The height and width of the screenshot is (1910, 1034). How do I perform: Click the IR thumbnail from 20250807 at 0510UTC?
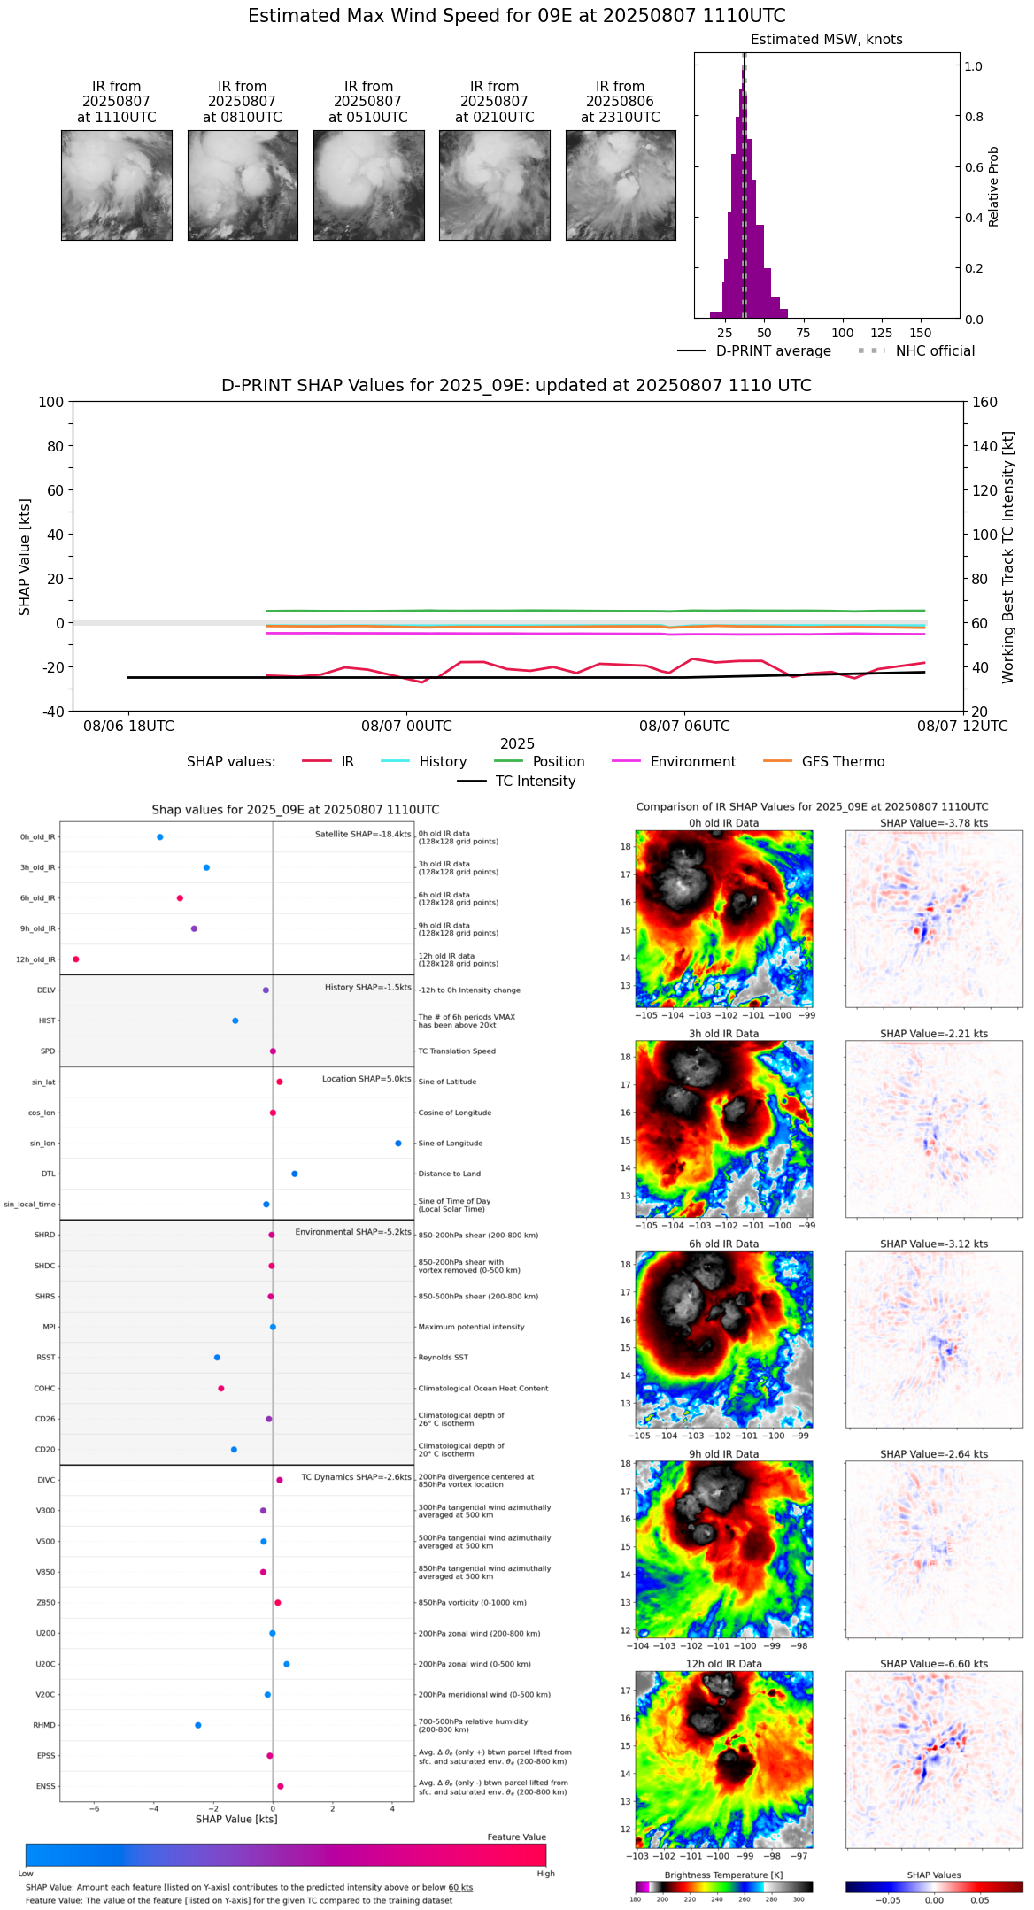(368, 185)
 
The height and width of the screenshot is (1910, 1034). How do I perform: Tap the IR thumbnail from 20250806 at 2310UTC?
(621, 185)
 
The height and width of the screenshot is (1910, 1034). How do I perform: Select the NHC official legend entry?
(916, 351)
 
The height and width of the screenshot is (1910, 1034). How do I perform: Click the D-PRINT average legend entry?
(754, 351)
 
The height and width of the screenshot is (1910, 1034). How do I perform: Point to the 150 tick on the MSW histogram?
(921, 333)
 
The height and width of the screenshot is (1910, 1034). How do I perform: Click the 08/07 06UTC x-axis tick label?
(684, 727)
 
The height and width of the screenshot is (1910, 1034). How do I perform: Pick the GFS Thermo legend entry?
(823, 762)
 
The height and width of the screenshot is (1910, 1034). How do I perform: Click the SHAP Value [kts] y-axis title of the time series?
(25, 557)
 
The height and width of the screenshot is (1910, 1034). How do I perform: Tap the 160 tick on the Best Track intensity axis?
(984, 402)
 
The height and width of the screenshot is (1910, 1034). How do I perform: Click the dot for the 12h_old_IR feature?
(76, 959)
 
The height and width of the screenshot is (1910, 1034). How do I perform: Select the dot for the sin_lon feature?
(398, 1144)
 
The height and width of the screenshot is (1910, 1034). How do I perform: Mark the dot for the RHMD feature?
(198, 1725)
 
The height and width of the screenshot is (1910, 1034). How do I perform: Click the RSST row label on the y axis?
(45, 1358)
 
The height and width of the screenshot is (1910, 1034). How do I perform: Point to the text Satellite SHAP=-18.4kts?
(363, 835)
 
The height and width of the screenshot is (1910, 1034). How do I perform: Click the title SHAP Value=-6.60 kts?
(934, 1664)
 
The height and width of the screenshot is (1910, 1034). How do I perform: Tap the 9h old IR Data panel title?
(723, 1454)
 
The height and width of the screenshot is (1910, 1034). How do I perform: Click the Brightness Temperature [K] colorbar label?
(723, 1875)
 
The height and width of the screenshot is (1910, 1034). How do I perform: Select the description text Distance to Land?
(449, 1174)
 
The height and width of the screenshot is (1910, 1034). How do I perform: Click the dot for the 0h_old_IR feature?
(160, 837)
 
